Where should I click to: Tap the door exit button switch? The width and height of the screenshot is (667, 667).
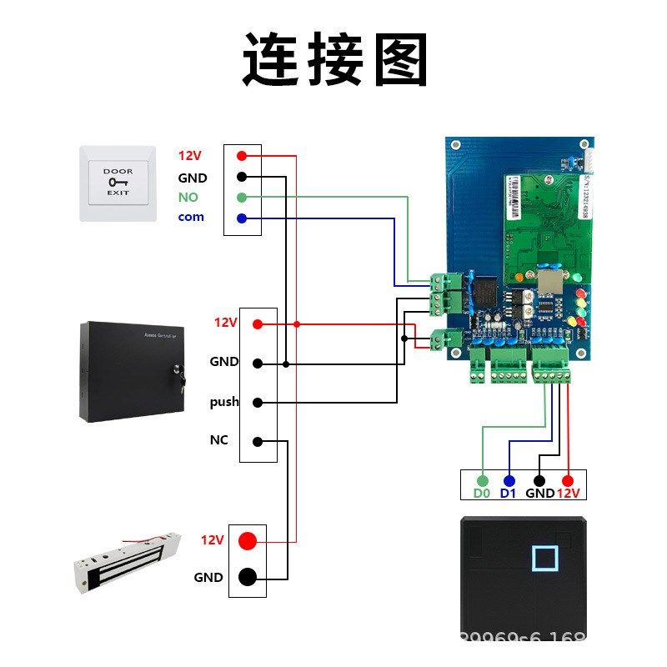pyautogui.click(x=118, y=183)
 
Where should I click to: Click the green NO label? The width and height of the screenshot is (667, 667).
pyautogui.click(x=188, y=198)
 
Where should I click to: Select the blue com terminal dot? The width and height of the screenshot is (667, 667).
pyautogui.click(x=242, y=218)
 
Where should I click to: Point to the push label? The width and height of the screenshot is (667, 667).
pyautogui.click(x=224, y=402)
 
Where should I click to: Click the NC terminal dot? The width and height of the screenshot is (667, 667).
pyautogui.click(x=258, y=441)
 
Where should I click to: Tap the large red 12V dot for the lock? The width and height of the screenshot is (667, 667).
pyautogui.click(x=248, y=540)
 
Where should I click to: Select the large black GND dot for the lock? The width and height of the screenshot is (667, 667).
pyautogui.click(x=248, y=576)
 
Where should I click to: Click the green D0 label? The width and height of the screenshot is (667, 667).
pyautogui.click(x=481, y=493)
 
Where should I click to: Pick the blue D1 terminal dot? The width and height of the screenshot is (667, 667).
pyautogui.click(x=509, y=481)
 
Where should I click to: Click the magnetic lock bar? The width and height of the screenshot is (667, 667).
pyautogui.click(x=125, y=559)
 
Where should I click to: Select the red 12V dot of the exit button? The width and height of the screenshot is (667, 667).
pyautogui.click(x=242, y=156)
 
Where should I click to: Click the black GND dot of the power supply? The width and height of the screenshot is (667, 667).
pyautogui.click(x=258, y=364)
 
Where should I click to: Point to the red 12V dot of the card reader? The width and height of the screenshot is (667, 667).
pyautogui.click(x=568, y=481)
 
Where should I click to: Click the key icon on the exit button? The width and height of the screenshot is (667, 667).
pyautogui.click(x=118, y=182)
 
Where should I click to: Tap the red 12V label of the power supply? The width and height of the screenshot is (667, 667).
pyautogui.click(x=226, y=323)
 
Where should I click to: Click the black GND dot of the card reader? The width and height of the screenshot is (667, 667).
pyautogui.click(x=539, y=481)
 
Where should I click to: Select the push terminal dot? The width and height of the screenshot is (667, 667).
pyautogui.click(x=258, y=403)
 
